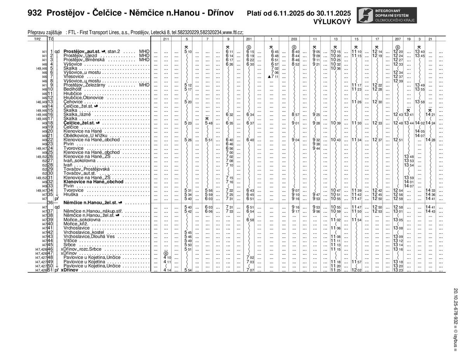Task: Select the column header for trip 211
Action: [x=166, y=39]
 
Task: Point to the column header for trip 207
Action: [x=398, y=39]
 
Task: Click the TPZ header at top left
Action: [x=37, y=39]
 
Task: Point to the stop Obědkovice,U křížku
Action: [x=86, y=136]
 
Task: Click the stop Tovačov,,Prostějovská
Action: [x=87, y=169]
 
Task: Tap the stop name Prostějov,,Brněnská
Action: [x=84, y=60]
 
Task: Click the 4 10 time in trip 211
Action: [x=167, y=257]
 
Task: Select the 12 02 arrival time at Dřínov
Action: [x=356, y=270]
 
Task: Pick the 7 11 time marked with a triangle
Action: [x=273, y=77]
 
